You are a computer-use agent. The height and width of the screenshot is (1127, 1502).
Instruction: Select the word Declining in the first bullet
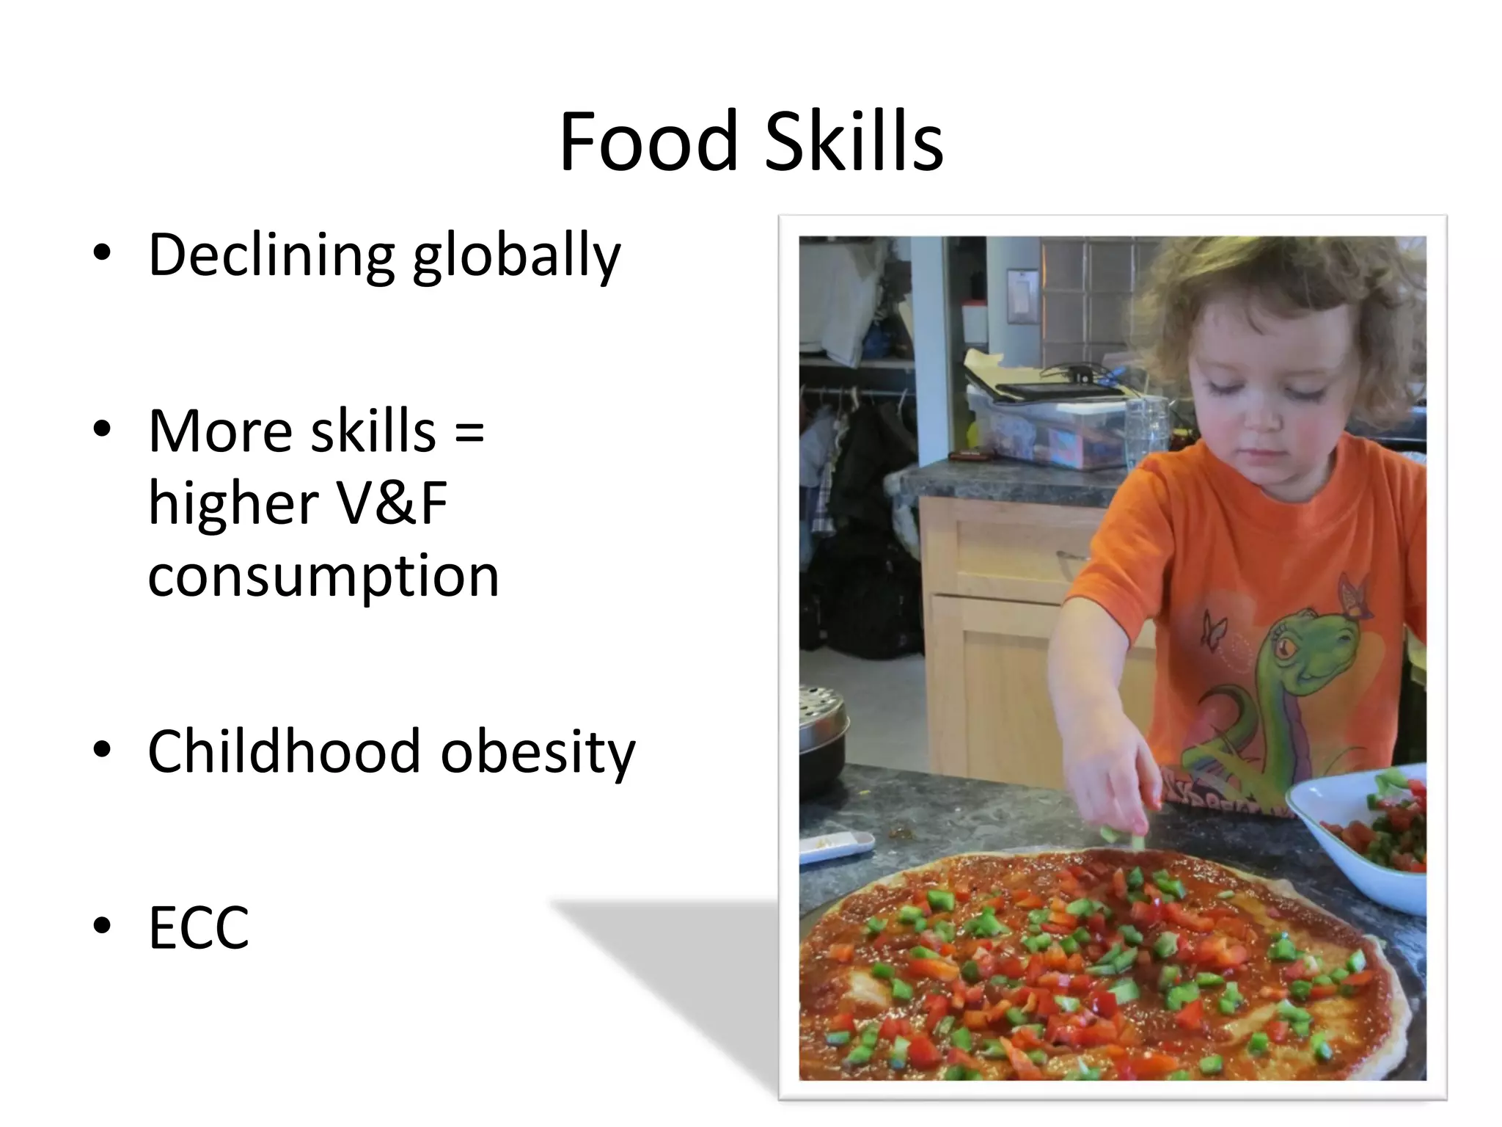(271, 255)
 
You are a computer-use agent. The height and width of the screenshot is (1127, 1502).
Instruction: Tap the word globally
(516, 257)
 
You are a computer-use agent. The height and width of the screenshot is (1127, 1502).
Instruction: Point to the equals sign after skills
(469, 431)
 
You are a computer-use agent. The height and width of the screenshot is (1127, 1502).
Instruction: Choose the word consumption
(323, 577)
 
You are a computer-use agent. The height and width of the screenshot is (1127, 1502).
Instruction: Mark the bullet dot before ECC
(102, 926)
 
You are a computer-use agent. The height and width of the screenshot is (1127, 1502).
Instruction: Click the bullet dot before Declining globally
(102, 252)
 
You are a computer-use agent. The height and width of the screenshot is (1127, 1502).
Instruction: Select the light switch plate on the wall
(1021, 295)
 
